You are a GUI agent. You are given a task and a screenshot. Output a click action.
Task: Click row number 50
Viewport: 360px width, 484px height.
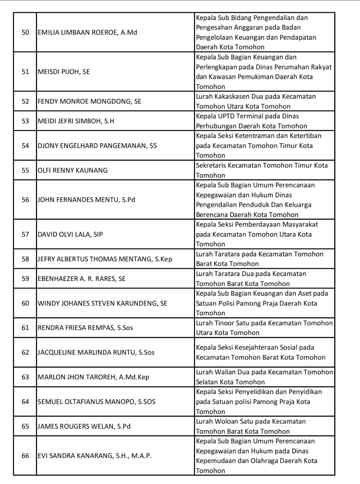pyautogui.click(x=25, y=32)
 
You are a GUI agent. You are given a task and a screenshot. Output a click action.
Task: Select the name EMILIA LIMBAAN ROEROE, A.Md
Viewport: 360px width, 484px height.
pyautogui.click(x=87, y=32)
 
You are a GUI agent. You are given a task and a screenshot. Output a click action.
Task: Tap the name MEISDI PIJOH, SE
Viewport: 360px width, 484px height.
pyautogui.click(x=64, y=71)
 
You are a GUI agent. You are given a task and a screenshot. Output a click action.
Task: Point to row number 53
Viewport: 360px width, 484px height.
pyautogui.click(x=25, y=121)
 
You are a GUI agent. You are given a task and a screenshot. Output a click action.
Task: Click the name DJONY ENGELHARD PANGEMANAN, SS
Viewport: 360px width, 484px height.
pyautogui.click(x=97, y=146)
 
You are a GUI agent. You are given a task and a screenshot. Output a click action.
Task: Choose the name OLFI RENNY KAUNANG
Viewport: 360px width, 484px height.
pyautogui.click(x=73, y=170)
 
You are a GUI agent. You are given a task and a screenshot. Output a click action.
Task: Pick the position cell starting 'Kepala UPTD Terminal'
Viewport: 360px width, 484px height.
pyautogui.click(x=251, y=121)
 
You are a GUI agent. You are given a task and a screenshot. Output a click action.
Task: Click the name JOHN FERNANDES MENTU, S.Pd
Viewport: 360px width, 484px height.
pyautogui.click(x=86, y=200)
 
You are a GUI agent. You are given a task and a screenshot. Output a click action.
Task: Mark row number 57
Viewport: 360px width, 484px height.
pyautogui.click(x=25, y=234)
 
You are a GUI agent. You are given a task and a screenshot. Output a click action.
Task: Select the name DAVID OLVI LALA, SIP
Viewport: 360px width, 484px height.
pyautogui.click(x=70, y=234)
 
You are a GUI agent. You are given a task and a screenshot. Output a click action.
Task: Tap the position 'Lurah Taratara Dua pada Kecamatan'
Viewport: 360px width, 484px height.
pyautogui.click(x=251, y=279)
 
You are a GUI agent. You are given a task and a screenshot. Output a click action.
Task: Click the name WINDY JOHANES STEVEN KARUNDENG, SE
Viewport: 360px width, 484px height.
pyautogui.click(x=102, y=303)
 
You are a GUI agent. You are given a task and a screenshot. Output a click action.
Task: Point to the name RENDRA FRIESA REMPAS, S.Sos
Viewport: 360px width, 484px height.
pyautogui.click(x=85, y=328)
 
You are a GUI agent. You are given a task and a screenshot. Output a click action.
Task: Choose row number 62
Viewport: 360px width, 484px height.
pyautogui.click(x=25, y=352)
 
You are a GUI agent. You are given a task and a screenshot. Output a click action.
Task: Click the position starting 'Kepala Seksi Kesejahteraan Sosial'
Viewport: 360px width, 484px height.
pyautogui.click(x=261, y=352)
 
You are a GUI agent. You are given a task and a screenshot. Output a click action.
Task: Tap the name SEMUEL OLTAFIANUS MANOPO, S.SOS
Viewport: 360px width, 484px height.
pyautogui.click(x=96, y=402)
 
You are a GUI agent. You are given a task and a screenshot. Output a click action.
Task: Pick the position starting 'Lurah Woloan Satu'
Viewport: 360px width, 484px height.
pyautogui.click(x=251, y=426)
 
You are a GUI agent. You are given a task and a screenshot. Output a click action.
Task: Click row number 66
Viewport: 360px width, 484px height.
pyautogui.click(x=25, y=456)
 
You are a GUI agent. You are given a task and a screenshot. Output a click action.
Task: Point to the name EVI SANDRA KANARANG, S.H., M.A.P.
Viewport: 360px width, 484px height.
pyautogui.click(x=95, y=456)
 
